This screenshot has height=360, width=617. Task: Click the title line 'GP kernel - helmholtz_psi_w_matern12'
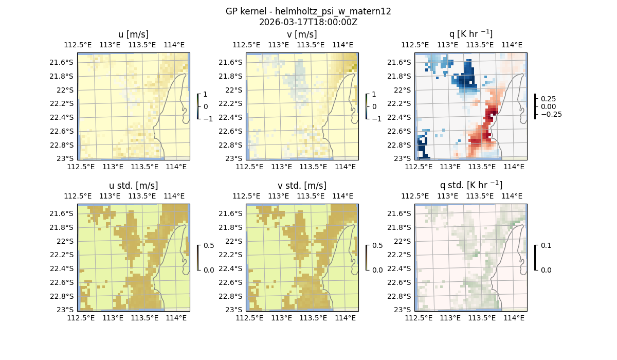pos(308,11)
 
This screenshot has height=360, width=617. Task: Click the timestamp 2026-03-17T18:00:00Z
pos(308,22)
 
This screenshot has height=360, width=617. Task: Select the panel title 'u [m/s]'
pos(134,34)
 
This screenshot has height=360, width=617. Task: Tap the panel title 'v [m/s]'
pos(302,34)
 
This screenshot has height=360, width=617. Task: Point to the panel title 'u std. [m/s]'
pos(134,186)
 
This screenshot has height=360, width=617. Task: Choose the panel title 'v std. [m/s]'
pos(302,186)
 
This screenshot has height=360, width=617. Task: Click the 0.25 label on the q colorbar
pos(548,98)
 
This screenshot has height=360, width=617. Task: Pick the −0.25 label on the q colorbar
pos(551,114)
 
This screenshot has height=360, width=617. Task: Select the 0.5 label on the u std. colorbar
pos(209,245)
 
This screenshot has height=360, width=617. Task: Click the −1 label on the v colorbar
pos(378,119)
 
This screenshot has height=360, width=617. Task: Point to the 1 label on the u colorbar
pos(205,95)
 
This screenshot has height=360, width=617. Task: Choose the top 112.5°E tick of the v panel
pos(246,45)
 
